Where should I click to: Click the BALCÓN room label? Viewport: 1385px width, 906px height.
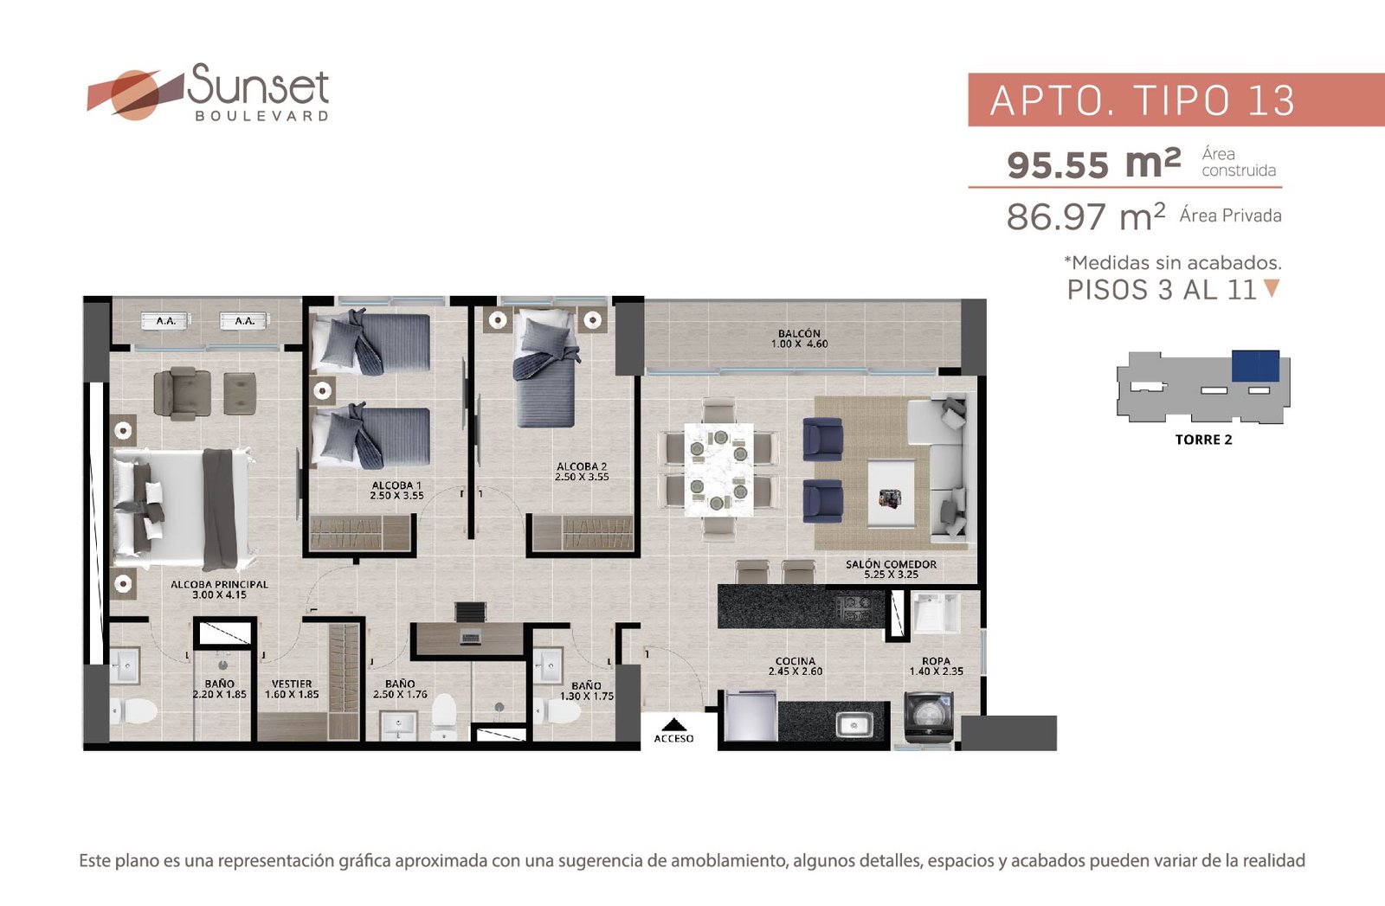coord(799,333)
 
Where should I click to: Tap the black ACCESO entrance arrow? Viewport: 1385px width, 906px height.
coord(674,725)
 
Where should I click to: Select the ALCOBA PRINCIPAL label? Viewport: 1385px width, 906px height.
coord(220,584)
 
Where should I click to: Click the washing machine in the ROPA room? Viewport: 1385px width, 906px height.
coord(929,716)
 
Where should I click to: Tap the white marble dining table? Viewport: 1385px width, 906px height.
coord(718,469)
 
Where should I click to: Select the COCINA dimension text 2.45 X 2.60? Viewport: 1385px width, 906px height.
coord(796,671)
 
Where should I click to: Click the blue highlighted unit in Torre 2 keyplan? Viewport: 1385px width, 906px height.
coord(1255,366)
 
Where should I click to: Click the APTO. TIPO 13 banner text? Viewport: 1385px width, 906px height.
coord(1142,100)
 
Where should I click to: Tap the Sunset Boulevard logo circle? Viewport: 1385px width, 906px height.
coord(135,95)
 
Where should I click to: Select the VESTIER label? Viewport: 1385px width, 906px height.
coord(292,684)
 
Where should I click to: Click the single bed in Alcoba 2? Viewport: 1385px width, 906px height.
coord(546,368)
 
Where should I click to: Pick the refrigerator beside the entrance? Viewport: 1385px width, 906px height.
coord(750,716)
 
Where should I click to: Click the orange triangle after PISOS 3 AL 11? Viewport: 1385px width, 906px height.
coord(1272,288)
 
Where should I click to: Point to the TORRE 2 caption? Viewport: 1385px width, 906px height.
coord(1203,440)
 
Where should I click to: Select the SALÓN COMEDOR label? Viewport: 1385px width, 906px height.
coord(891,564)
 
